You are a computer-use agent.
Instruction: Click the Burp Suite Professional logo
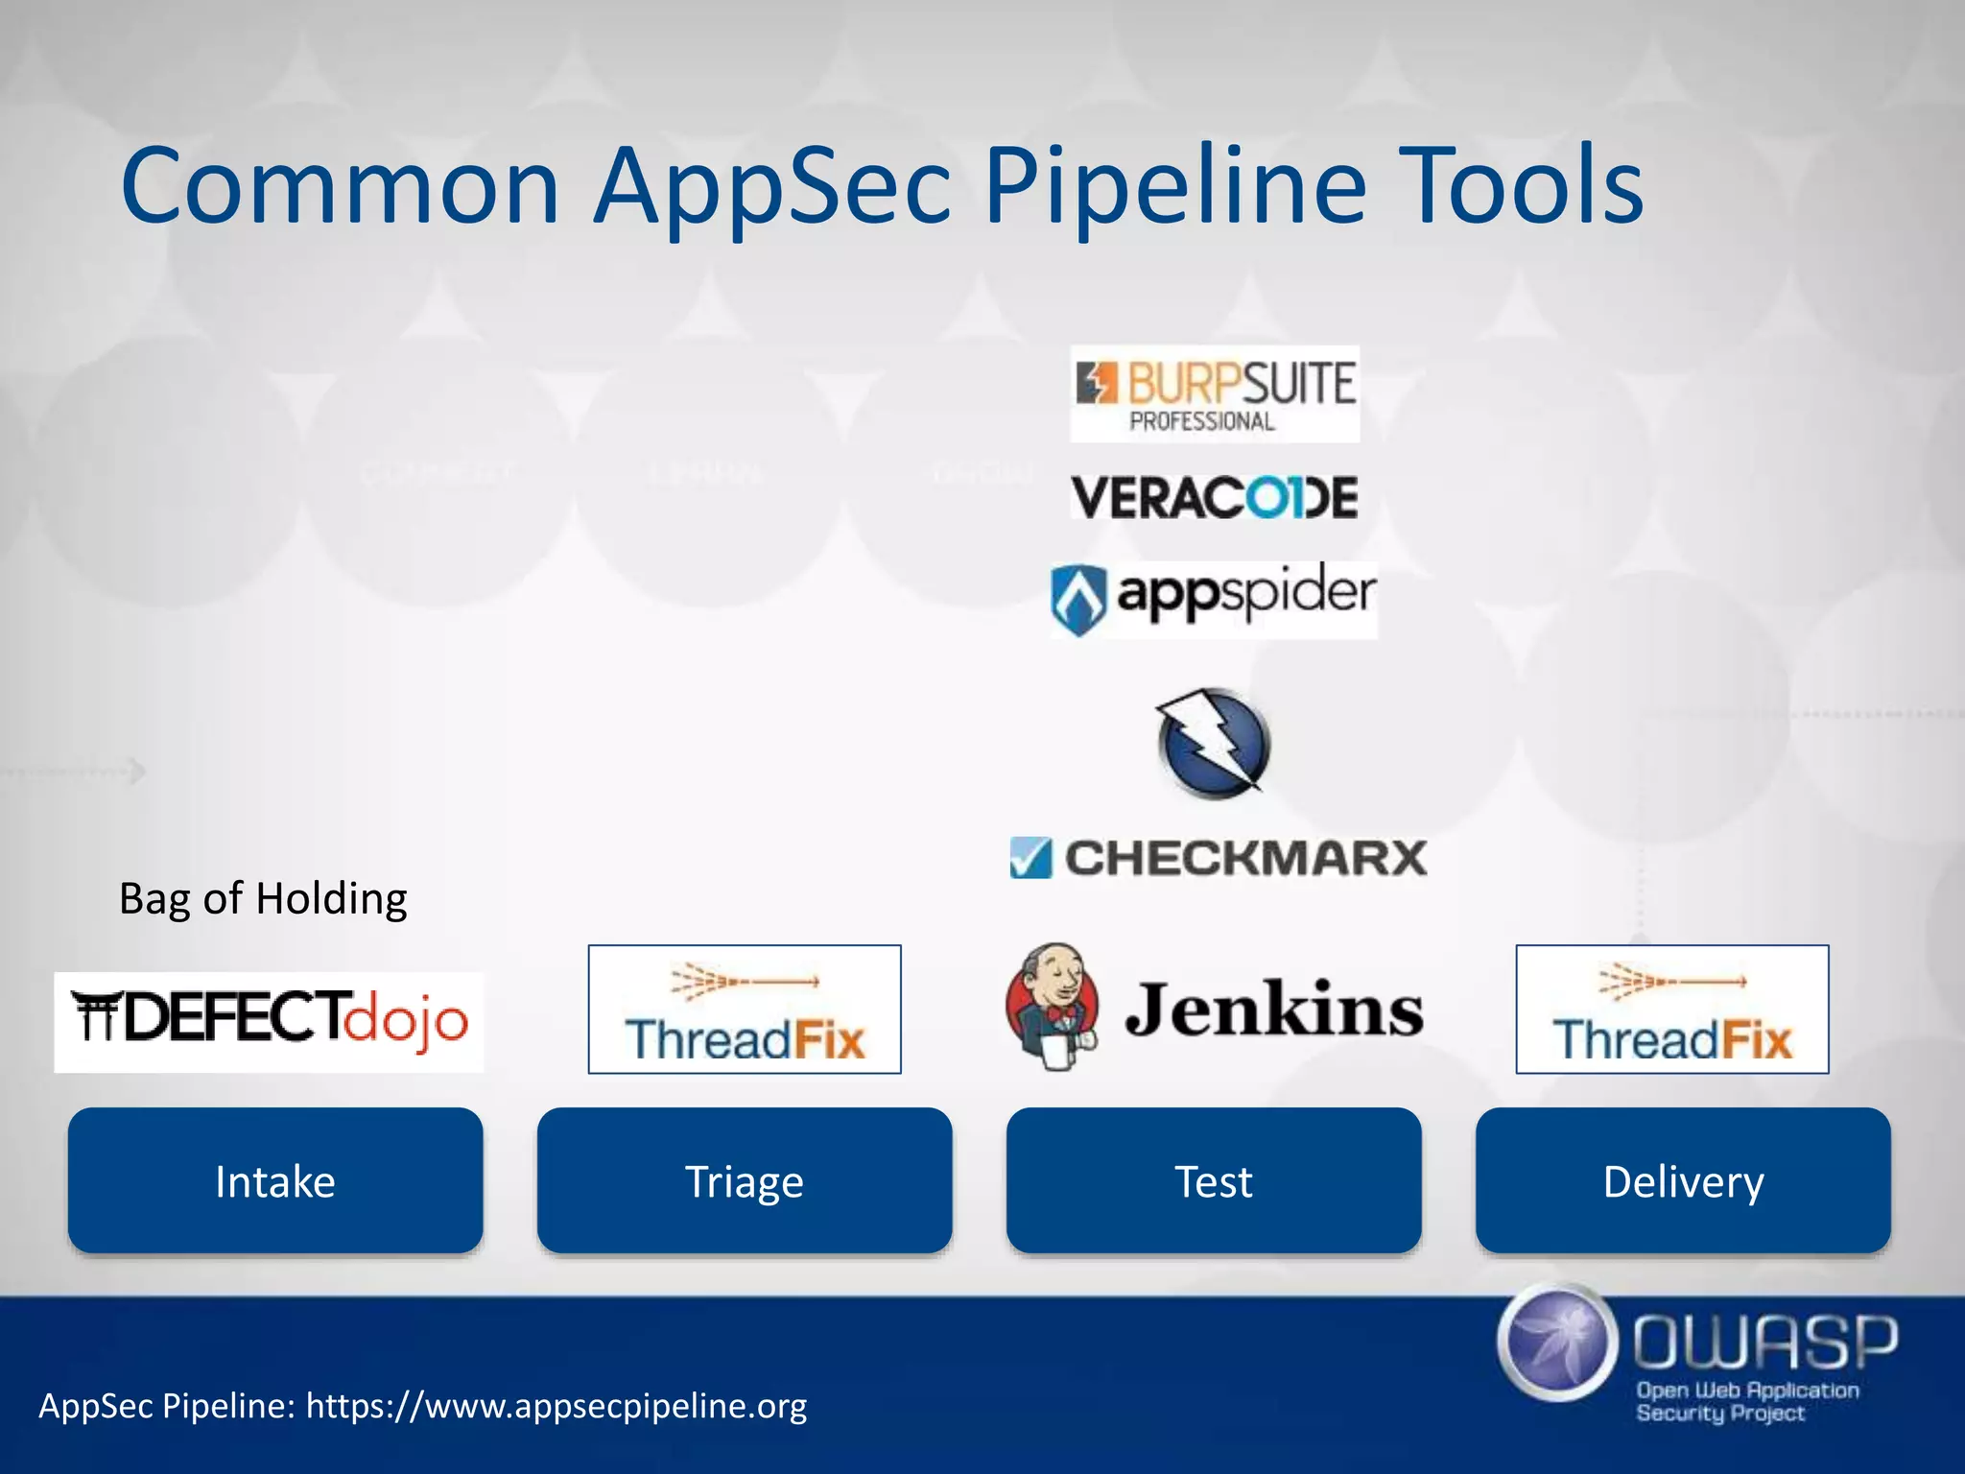pyautogui.click(x=1215, y=393)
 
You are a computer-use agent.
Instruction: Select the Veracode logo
pyautogui.click(x=1215, y=497)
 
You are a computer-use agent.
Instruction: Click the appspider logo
pyautogui.click(x=1215, y=599)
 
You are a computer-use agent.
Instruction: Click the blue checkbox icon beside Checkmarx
pyautogui.click(x=1030, y=858)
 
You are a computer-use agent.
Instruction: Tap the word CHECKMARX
pyautogui.click(x=1245, y=858)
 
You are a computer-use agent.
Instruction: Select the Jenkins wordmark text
pyautogui.click(x=1274, y=1010)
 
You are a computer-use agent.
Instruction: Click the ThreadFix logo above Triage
pyautogui.click(x=745, y=1010)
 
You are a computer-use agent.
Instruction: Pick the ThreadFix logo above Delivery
pyautogui.click(x=1672, y=1010)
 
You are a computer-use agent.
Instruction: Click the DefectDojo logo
pyautogui.click(x=269, y=1021)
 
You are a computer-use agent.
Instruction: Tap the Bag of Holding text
pyautogui.click(x=263, y=899)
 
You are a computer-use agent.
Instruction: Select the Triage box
pyautogui.click(x=745, y=1180)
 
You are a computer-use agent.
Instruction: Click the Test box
pyautogui.click(x=1214, y=1180)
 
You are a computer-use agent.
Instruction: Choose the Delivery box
pyautogui.click(x=1683, y=1180)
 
